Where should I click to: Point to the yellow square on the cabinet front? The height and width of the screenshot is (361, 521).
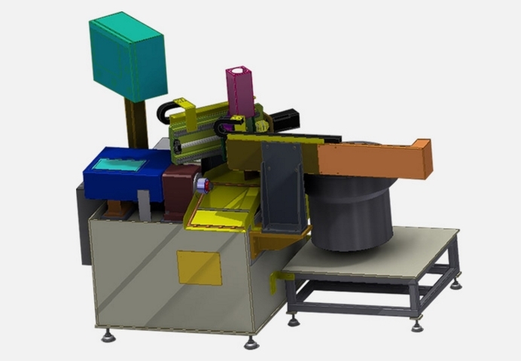click(x=199, y=268)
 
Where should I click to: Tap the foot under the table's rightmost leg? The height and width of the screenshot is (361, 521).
click(x=457, y=283)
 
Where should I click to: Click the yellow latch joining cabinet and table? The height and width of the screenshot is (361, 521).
click(x=279, y=283)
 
